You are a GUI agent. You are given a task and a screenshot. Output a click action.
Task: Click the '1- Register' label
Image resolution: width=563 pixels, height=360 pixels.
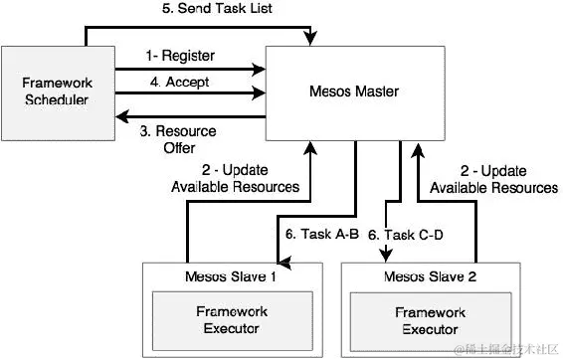(178, 57)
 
